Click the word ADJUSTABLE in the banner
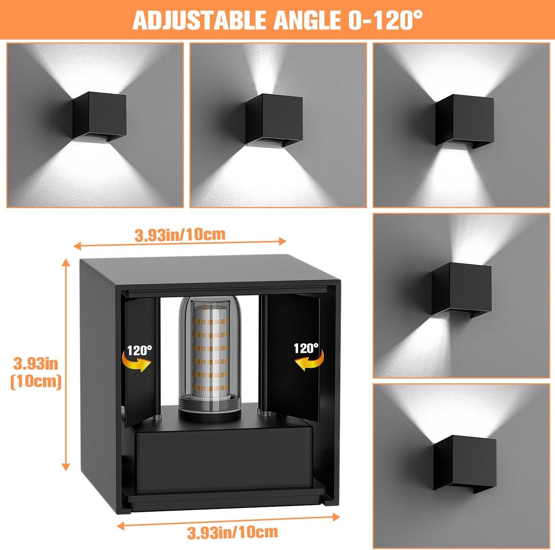200,20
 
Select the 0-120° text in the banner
386,19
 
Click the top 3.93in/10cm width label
180,235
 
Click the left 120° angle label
139,350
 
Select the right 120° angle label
306,348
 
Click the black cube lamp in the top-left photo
99,117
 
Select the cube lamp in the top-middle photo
274,120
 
